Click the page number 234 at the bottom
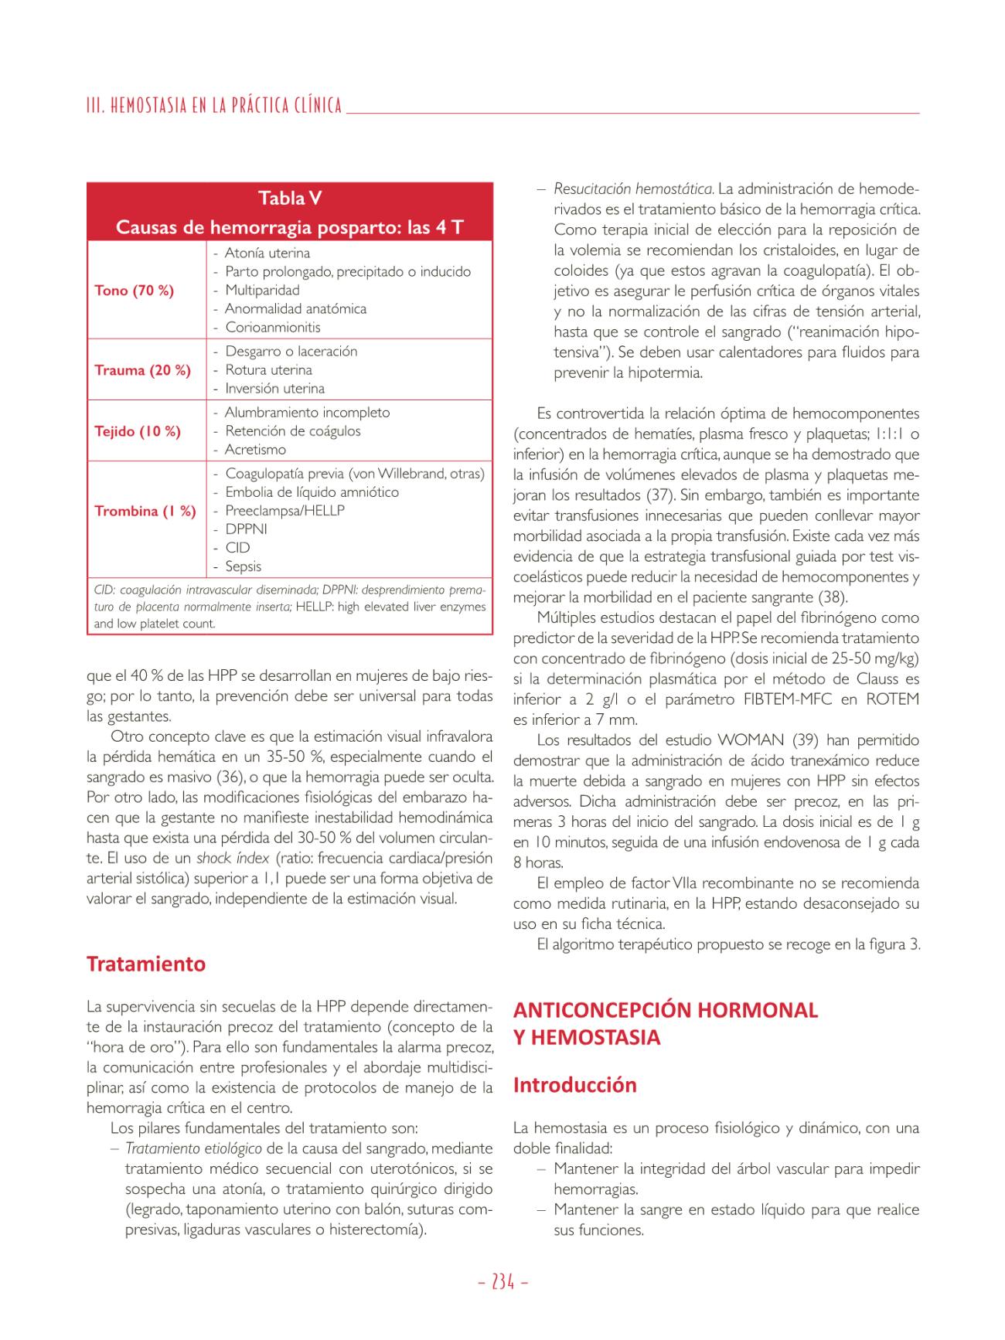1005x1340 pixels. [x=502, y=1282]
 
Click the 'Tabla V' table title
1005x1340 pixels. [x=290, y=199]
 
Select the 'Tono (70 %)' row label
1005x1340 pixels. [x=134, y=291]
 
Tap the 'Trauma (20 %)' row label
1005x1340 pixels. [x=142, y=370]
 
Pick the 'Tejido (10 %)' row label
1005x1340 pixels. [x=137, y=431]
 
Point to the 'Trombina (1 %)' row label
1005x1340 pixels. [x=145, y=511]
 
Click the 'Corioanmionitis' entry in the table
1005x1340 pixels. [x=272, y=327]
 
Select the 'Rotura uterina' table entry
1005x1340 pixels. [x=268, y=370]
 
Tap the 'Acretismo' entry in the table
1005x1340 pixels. [x=255, y=450]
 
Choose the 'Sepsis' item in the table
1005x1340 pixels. [x=243, y=566]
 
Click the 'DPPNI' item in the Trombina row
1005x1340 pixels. [x=246, y=529]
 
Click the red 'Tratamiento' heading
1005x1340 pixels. [x=146, y=964]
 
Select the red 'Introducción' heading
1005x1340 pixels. [x=574, y=1085]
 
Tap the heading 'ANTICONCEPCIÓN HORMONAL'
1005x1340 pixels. [x=665, y=1010]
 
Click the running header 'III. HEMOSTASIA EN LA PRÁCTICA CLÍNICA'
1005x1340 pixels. [x=214, y=106]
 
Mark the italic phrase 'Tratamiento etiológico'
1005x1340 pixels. [x=193, y=1148]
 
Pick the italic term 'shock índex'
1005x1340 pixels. [x=232, y=858]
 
